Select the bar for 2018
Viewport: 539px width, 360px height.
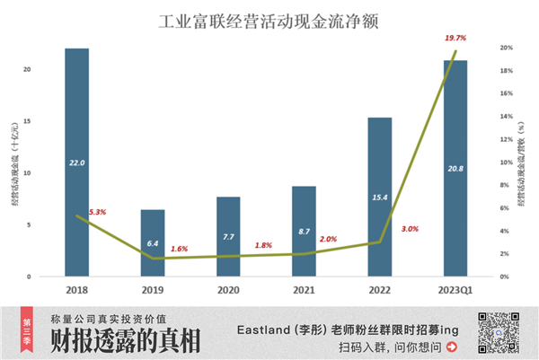77,162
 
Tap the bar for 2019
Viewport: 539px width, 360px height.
153,242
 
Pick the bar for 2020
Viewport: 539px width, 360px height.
228,236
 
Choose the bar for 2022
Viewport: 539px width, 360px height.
379,196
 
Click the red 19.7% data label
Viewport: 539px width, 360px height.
456,39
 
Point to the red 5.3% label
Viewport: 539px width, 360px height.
97,213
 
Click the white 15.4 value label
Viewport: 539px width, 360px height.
379,197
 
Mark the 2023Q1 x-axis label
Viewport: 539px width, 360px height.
455,291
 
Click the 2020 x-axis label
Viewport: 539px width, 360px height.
228,291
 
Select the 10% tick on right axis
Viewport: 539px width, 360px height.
506,162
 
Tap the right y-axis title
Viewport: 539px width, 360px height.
522,162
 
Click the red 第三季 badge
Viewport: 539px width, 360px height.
30,329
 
